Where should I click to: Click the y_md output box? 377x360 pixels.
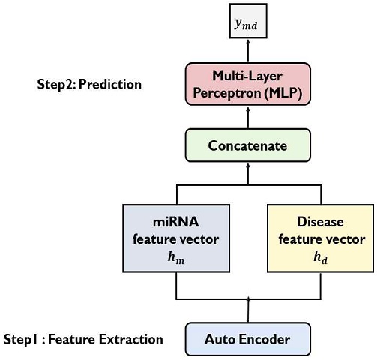248,21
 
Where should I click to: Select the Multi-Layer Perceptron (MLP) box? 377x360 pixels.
248,84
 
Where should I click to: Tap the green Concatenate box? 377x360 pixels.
248,145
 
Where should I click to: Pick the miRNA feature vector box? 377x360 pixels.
176,238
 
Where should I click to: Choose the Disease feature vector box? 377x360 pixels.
321,238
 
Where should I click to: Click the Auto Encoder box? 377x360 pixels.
248,339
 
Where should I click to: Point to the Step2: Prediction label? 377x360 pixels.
89,84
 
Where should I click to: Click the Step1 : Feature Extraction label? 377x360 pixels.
83,339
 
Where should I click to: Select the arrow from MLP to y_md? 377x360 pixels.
248,50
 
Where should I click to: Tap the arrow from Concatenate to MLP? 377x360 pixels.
248,118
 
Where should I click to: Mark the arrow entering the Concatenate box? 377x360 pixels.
248,174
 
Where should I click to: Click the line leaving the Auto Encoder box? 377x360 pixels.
248,310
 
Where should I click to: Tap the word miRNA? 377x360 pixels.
176,222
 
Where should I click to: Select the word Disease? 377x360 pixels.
320,222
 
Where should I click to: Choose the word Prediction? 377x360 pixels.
110,84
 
